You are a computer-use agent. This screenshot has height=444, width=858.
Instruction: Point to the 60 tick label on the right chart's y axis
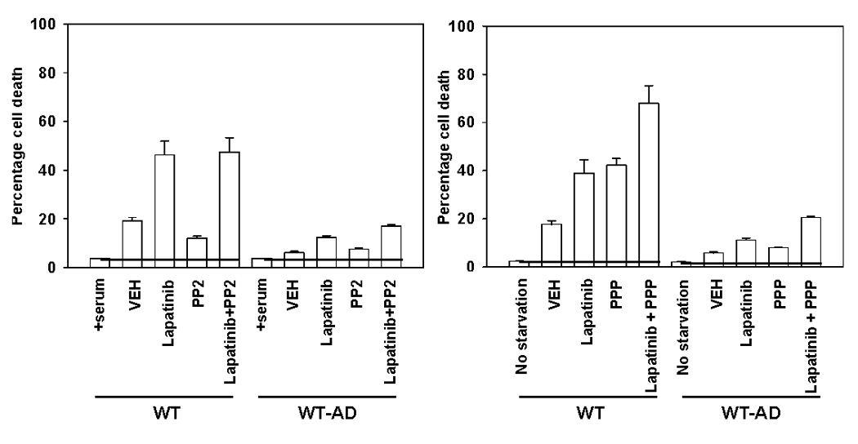(467, 122)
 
